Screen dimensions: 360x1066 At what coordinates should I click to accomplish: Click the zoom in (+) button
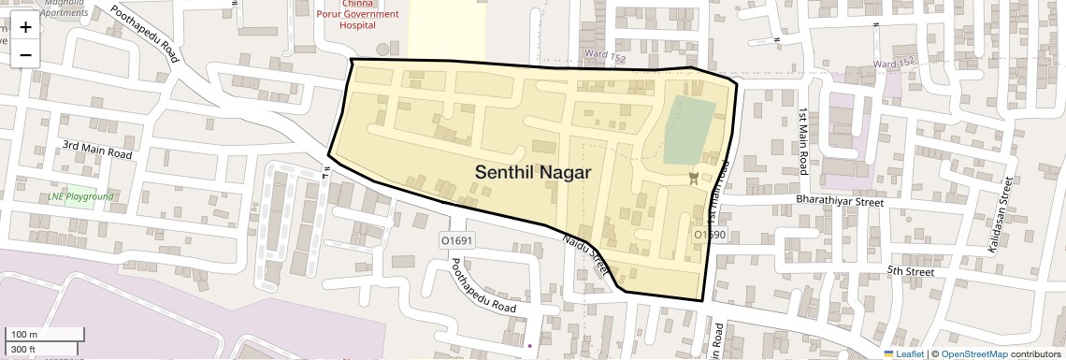25,26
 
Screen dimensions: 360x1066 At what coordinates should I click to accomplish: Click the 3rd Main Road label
97,148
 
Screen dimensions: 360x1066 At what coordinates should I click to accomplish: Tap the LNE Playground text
80,196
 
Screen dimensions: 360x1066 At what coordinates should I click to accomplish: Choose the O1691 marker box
458,240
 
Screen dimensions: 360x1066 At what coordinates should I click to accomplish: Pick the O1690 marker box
710,234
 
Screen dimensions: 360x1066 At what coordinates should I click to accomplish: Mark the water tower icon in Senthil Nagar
694,179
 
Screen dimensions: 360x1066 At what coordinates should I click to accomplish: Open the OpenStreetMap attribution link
973,353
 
